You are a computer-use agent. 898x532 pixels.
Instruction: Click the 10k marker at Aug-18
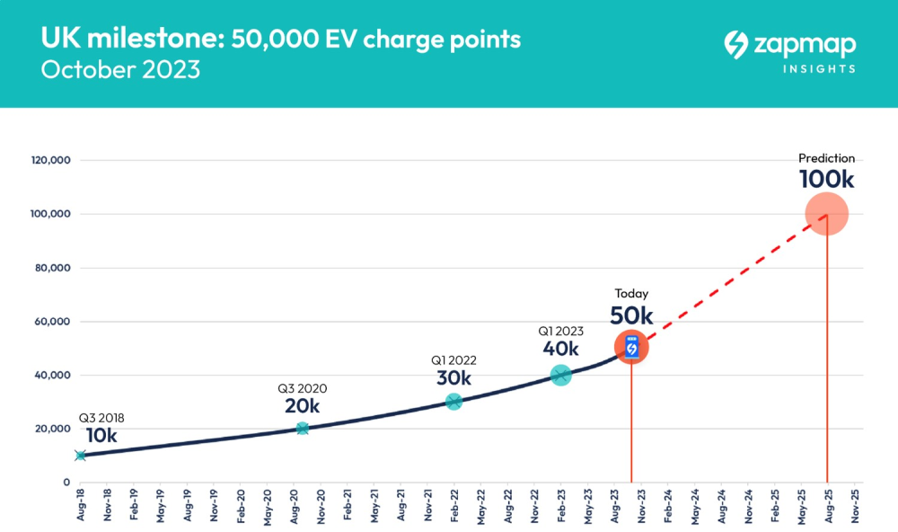[x=80, y=456]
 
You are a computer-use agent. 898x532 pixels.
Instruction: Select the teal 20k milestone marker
[x=303, y=429]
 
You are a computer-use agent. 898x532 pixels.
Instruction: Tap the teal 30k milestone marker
[x=453, y=402]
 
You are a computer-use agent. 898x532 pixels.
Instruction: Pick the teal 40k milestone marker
[x=560, y=375]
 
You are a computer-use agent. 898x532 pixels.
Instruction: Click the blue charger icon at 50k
[x=631, y=347]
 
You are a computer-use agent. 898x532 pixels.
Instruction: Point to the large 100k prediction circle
[x=826, y=214]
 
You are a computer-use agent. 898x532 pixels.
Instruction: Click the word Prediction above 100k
[x=826, y=158]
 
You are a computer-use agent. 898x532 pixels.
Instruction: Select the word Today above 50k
[x=631, y=294]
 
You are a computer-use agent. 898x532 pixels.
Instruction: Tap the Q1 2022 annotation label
[x=453, y=360]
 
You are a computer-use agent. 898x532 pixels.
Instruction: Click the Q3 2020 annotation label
[x=303, y=388]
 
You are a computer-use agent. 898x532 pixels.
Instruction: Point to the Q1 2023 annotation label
[x=560, y=331]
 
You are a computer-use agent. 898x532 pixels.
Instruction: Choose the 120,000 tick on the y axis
[x=51, y=160]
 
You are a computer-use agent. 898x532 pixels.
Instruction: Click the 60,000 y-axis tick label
[x=52, y=321]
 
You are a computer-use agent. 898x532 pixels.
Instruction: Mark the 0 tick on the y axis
[x=66, y=482]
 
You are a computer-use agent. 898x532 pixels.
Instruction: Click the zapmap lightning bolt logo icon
[x=736, y=44]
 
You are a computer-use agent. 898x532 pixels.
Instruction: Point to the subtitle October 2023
[x=121, y=70]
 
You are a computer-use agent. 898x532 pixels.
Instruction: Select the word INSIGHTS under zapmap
[x=819, y=69]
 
